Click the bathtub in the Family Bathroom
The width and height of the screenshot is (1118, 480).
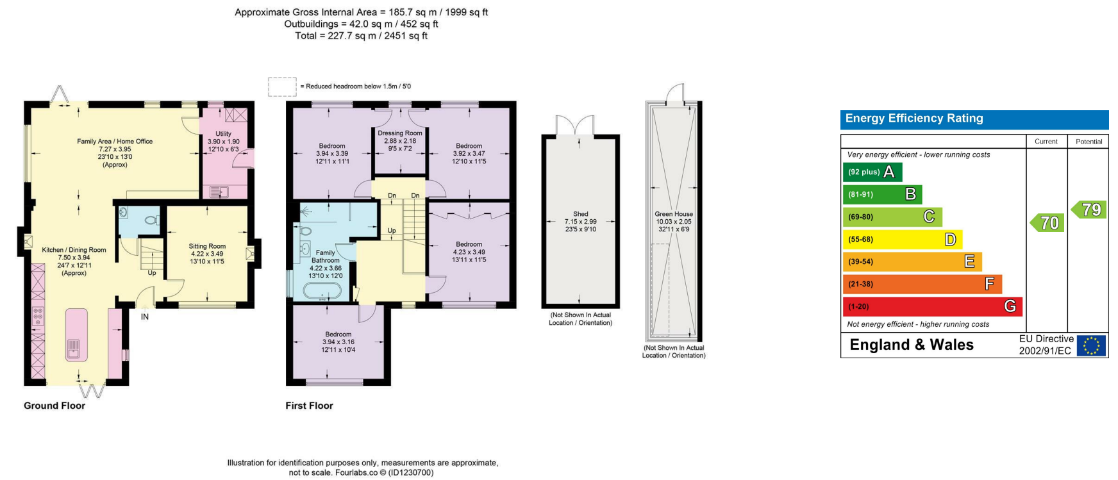tap(326, 292)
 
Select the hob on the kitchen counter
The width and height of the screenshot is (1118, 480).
tap(38, 316)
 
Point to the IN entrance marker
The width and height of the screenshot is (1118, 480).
tap(145, 317)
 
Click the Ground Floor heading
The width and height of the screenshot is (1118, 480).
tap(54, 406)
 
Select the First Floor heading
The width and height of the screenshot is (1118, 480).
tap(309, 406)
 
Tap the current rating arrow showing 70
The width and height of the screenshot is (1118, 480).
tap(1047, 222)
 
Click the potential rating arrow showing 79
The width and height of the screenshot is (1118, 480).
tap(1089, 210)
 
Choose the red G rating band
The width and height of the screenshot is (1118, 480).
tap(932, 306)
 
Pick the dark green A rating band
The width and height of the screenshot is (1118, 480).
tap(872, 172)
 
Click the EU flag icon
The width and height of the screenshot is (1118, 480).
tap(1091, 346)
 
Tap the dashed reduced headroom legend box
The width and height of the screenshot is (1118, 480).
tap(282, 87)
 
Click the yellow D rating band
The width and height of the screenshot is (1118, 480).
tap(903, 239)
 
